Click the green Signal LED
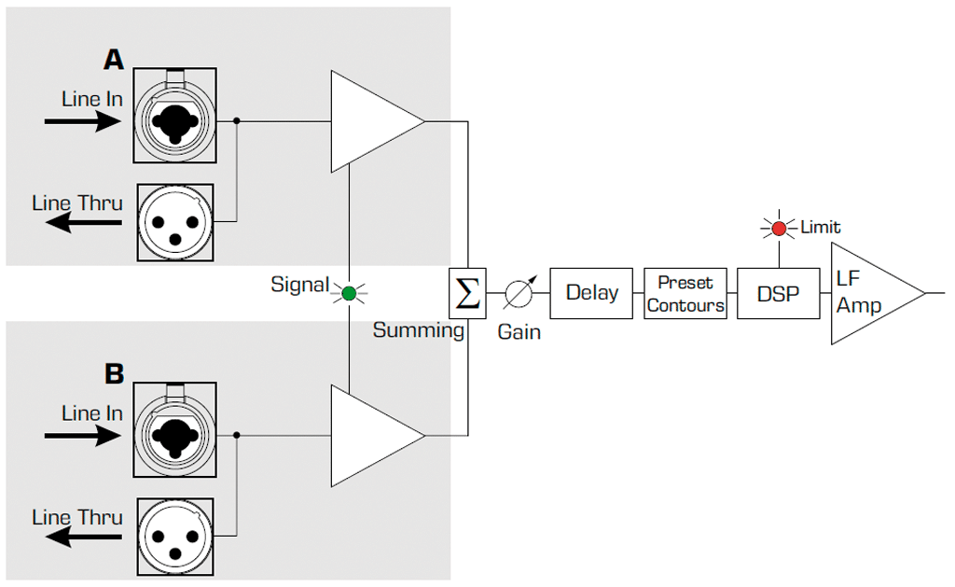pos(349,293)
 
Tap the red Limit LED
pos(779,228)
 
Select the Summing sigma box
pos(467,293)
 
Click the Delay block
pos(592,293)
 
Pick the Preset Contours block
pos(685,293)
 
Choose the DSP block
pos(778,293)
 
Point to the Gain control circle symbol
pos(518,294)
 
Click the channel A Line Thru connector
pos(175,221)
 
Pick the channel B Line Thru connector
pos(175,536)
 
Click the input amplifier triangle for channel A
pos(370,121)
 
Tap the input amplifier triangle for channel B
pos(370,436)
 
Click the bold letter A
pos(113,60)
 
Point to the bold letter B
pos(114,374)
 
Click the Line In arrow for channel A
pos(82,121)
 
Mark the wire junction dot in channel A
pos(237,121)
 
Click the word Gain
pos(519,331)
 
